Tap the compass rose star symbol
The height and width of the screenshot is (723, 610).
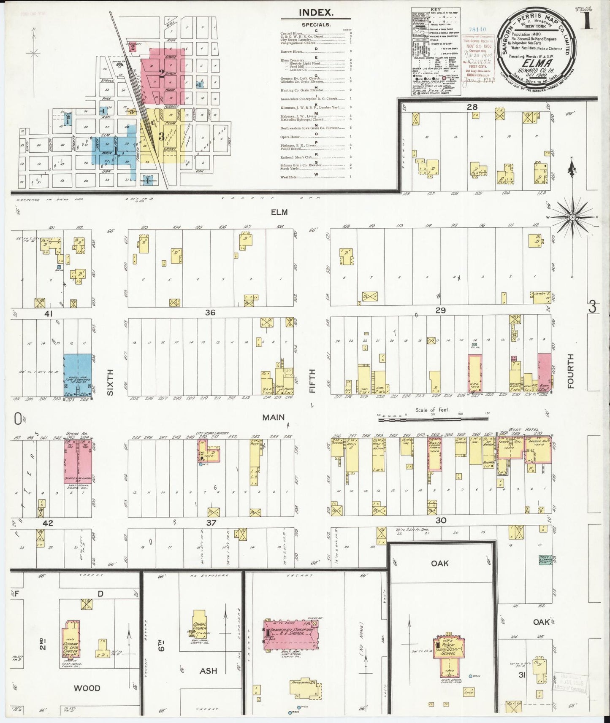coord(572,217)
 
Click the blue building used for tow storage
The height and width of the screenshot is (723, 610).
coord(77,375)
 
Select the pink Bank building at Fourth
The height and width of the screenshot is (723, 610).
coord(544,372)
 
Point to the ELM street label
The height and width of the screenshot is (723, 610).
coord(279,212)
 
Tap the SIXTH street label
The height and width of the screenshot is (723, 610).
coord(110,382)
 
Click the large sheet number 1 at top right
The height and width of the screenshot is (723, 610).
coord(587,21)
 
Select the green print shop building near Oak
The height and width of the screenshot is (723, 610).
coord(546,560)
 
